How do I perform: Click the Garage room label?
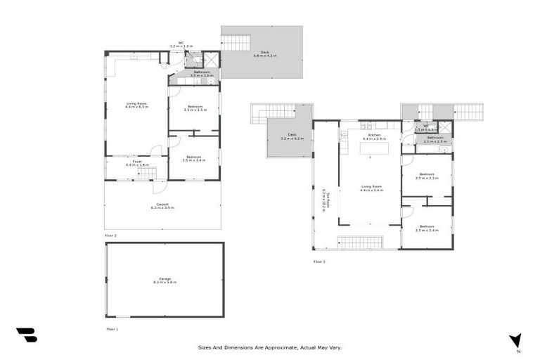click(x=165, y=280)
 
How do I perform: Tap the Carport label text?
click(x=162, y=205)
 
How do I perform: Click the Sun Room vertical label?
click(x=323, y=200)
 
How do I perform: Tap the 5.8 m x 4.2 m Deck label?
click(x=264, y=53)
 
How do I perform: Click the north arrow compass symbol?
click(x=516, y=340)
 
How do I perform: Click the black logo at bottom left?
click(x=26, y=335)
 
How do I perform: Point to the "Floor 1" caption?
click(x=112, y=328)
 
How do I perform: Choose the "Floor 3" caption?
click(x=319, y=261)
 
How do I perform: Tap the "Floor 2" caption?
click(x=110, y=235)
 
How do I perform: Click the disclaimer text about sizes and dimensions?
click(x=270, y=347)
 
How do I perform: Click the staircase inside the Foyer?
click(x=146, y=172)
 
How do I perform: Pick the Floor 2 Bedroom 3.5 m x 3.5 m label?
click(x=194, y=108)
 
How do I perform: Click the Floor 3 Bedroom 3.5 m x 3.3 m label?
click(x=427, y=176)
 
